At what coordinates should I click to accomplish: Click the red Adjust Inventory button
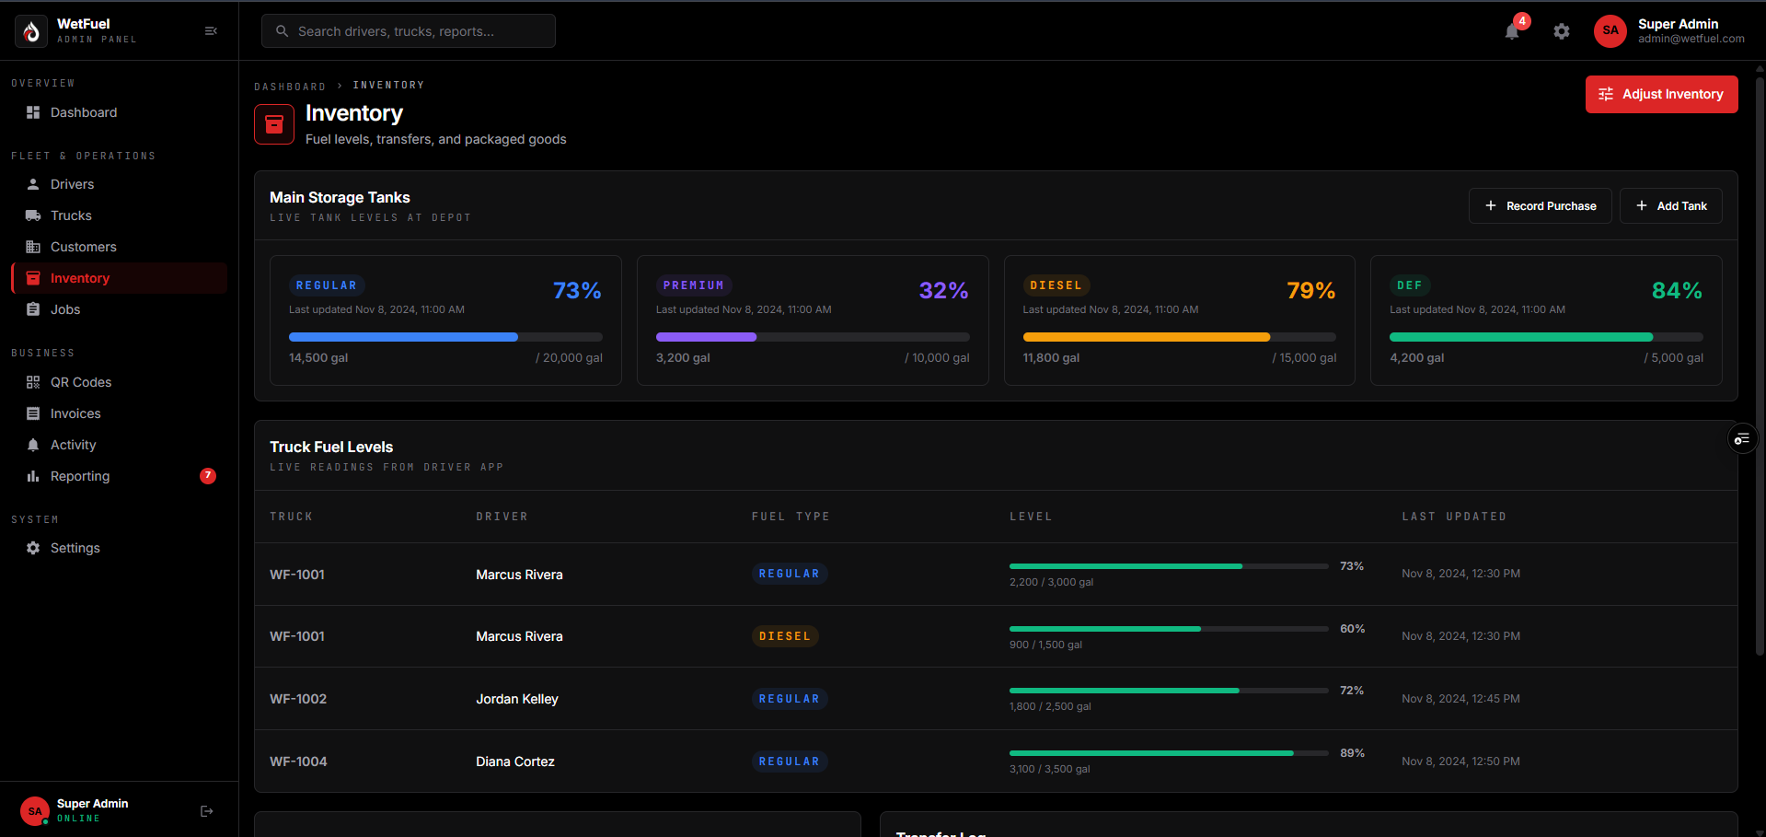pyautogui.click(x=1661, y=94)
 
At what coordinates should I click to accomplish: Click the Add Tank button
pyautogui.click(x=1670, y=206)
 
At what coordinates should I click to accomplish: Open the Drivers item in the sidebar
pyautogui.click(x=72, y=184)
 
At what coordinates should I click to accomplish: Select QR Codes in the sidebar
pyautogui.click(x=80, y=382)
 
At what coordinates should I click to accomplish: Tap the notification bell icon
pyautogui.click(x=1512, y=31)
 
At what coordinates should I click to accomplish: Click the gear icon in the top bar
pyautogui.click(x=1562, y=31)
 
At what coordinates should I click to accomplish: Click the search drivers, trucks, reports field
pyautogui.click(x=409, y=31)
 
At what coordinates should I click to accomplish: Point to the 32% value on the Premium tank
pyautogui.click(x=943, y=291)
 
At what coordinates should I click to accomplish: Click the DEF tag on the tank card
pyautogui.click(x=1409, y=285)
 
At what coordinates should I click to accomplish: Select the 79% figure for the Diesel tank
pyautogui.click(x=1310, y=291)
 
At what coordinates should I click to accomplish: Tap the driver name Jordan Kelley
pyautogui.click(x=517, y=699)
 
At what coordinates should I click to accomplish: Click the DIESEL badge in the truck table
pyautogui.click(x=785, y=636)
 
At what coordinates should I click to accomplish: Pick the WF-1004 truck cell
pyautogui.click(x=298, y=761)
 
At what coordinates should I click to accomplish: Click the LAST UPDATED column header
pyautogui.click(x=1454, y=517)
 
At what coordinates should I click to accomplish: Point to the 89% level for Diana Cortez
pyautogui.click(x=1352, y=753)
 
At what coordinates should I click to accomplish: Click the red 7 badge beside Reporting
pyautogui.click(x=208, y=476)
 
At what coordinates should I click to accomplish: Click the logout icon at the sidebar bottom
pyautogui.click(x=207, y=811)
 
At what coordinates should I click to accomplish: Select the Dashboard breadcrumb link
pyautogui.click(x=290, y=87)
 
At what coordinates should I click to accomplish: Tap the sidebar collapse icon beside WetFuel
pyautogui.click(x=211, y=31)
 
